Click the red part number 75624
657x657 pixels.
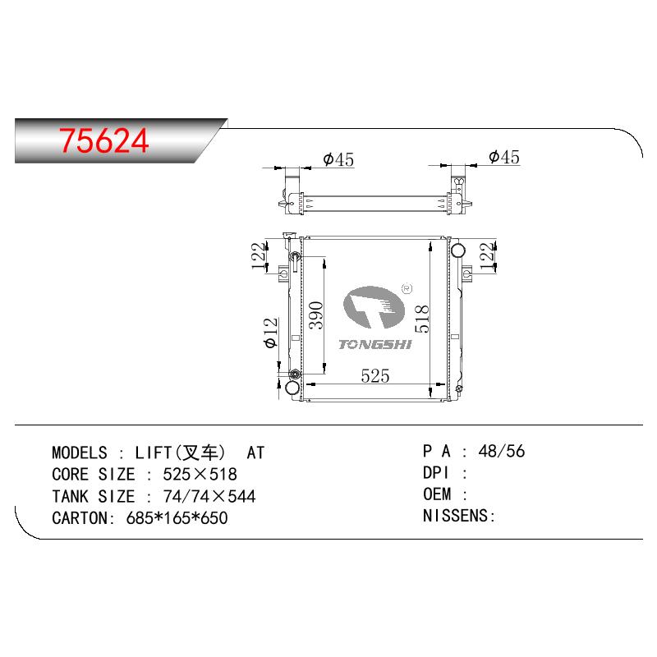(104, 140)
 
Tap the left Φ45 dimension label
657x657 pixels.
(338, 159)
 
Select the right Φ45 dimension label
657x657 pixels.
(504, 157)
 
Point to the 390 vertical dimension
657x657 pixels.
(316, 315)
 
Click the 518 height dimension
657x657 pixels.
(422, 319)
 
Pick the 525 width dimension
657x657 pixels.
(375, 376)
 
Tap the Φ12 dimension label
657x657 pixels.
(271, 333)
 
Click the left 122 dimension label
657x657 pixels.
(259, 256)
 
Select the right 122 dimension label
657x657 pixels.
(487, 256)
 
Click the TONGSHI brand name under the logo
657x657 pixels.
(375, 345)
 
